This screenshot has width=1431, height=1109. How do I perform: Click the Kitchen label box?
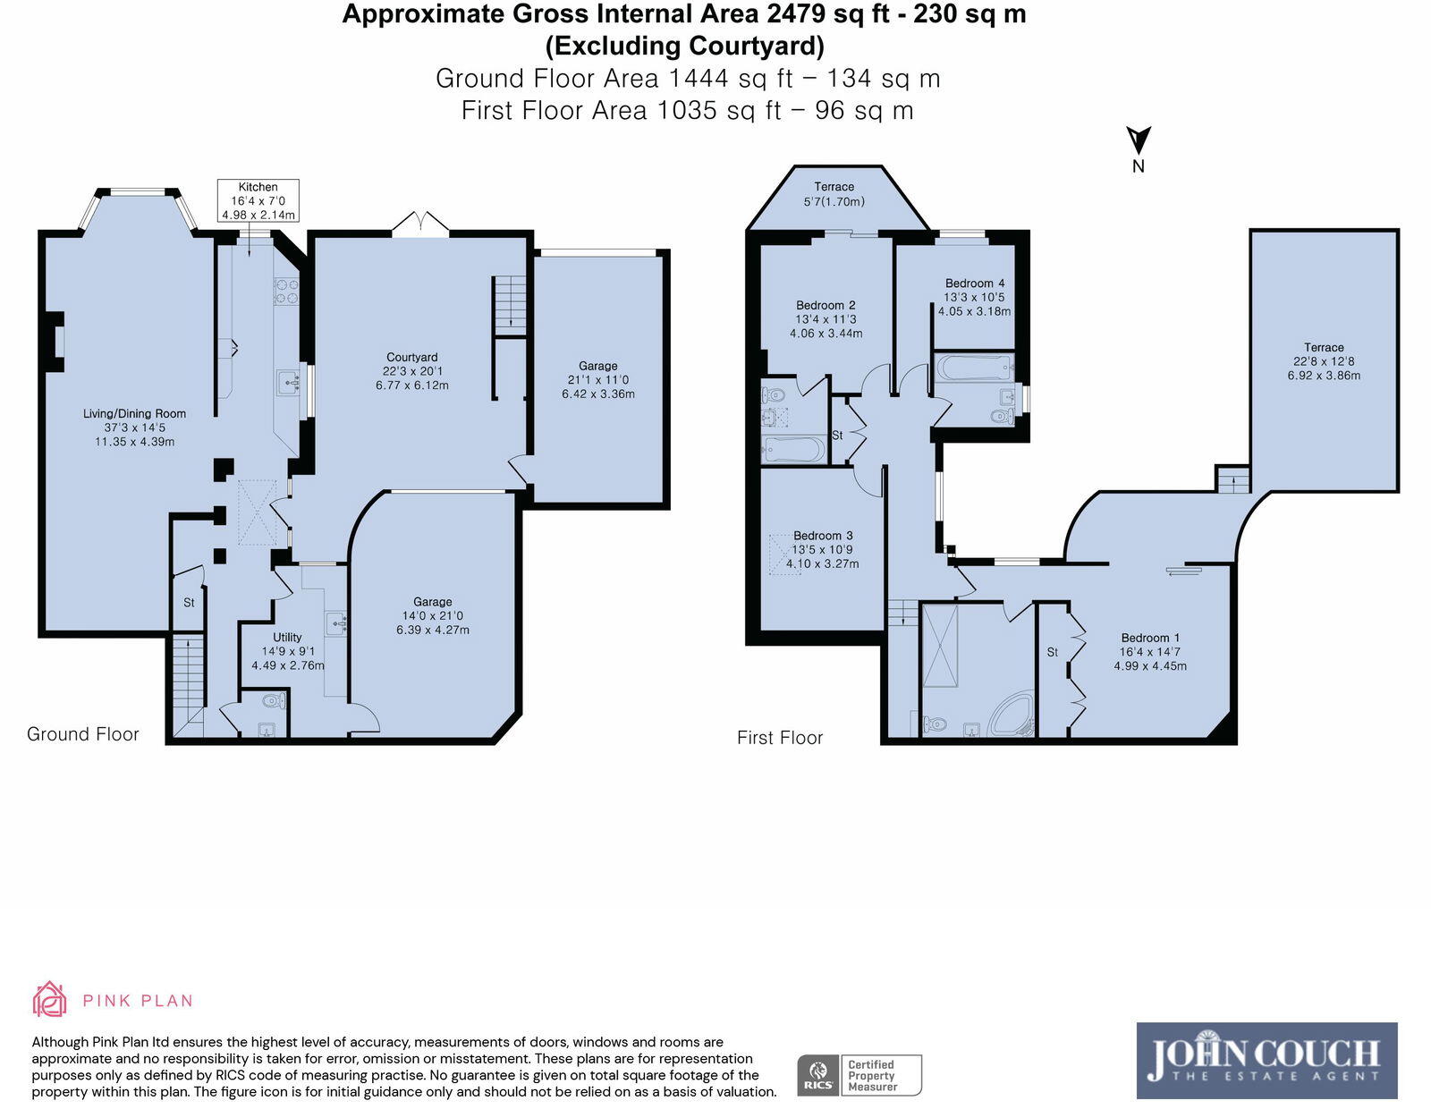258,200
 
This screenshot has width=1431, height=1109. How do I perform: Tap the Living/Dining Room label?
134,427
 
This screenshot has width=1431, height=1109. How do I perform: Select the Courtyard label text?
412,358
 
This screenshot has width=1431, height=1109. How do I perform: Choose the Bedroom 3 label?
823,536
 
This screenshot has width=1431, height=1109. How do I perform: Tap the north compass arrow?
1138,141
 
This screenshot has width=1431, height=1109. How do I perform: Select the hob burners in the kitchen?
286,290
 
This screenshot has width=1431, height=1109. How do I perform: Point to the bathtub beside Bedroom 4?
973,368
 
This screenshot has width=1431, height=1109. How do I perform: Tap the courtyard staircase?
509,302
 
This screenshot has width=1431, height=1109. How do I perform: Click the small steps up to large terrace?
1232,479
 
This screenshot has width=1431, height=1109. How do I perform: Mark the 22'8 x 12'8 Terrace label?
1324,361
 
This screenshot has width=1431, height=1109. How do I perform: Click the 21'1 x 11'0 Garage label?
597,379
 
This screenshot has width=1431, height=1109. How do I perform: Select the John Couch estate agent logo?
1266,1061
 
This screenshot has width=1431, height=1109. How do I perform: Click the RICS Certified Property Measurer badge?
859,1075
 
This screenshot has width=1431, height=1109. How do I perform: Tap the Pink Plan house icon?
50,999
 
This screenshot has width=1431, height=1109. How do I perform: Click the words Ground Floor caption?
83,734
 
